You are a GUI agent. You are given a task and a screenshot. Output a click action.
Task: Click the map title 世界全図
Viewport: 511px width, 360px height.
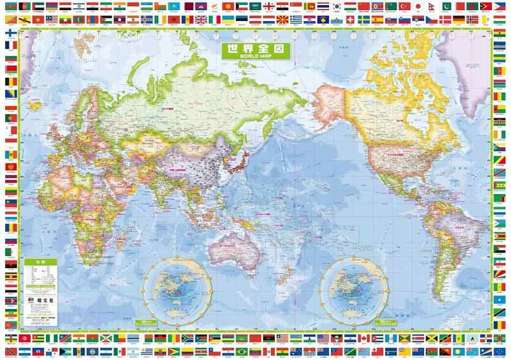click(255, 49)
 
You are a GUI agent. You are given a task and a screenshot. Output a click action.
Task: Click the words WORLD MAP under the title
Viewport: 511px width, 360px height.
click(255, 57)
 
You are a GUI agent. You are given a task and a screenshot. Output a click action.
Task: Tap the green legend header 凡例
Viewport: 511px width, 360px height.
click(39, 262)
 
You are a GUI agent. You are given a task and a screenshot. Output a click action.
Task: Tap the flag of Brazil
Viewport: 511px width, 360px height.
click(241, 350)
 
